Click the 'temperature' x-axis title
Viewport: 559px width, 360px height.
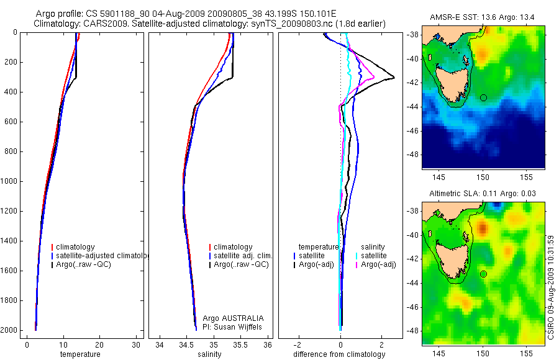click(80, 354)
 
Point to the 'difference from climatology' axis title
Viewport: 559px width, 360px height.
click(339, 354)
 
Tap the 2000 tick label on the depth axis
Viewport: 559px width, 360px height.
click(9, 330)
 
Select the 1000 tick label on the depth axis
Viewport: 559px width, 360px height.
click(9, 181)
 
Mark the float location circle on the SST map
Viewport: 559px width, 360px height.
click(484, 97)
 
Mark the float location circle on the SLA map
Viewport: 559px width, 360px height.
click(484, 274)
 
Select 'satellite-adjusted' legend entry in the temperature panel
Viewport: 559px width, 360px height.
click(99, 256)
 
